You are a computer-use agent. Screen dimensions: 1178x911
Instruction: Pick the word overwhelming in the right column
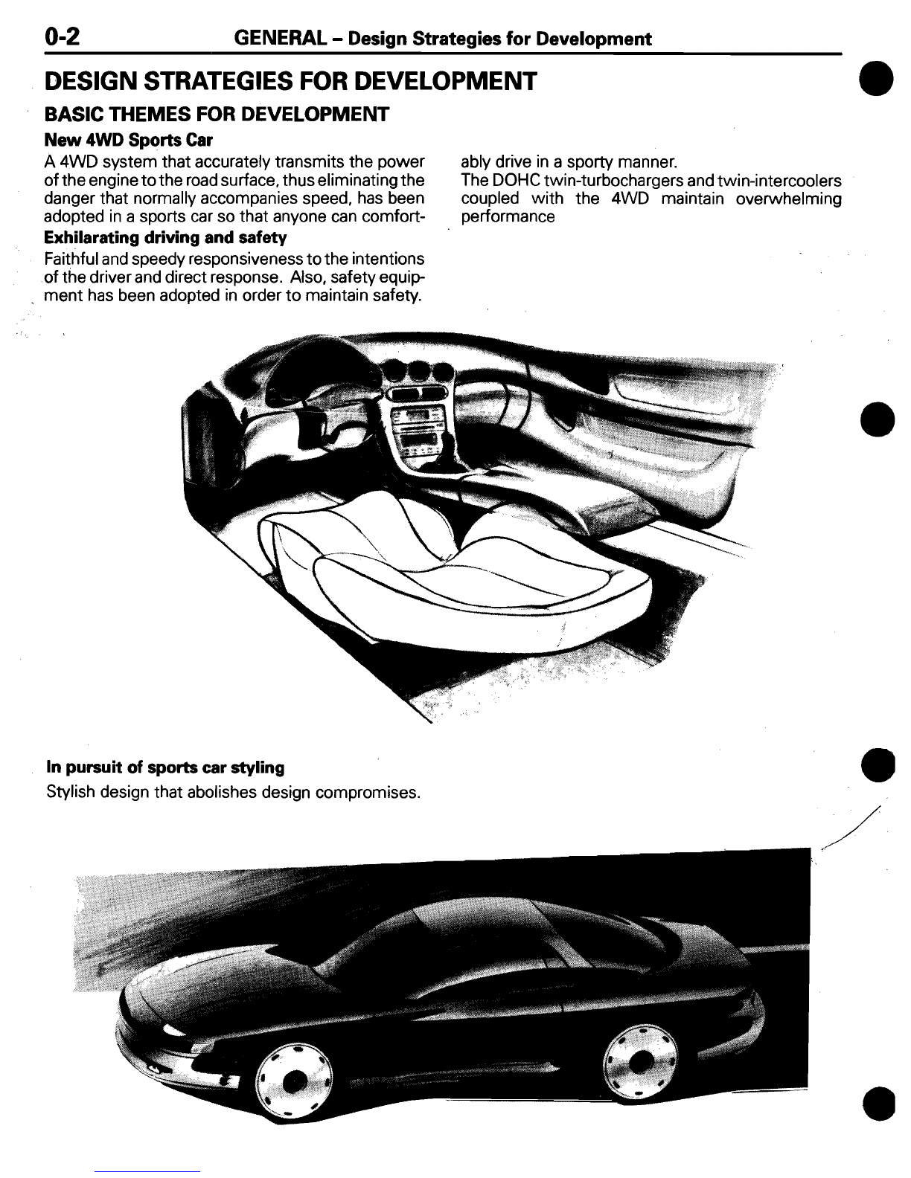(x=788, y=199)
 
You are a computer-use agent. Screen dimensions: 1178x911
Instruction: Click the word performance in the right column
(x=508, y=217)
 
